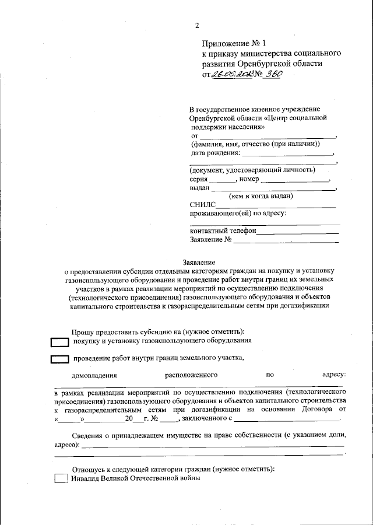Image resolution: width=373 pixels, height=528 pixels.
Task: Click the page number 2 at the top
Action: pos(197,25)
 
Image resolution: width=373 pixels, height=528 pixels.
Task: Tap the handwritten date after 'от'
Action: pos(231,74)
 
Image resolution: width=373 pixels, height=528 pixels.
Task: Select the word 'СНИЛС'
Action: pos(202,205)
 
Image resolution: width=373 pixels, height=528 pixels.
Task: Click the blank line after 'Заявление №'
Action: pos(286,240)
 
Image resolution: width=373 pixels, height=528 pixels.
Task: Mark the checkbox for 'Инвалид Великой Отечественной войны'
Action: pos(61,478)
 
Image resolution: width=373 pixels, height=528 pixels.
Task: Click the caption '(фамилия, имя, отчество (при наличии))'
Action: pos(255,144)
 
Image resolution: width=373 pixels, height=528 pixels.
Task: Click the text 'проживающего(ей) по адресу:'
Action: pos(238,214)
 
